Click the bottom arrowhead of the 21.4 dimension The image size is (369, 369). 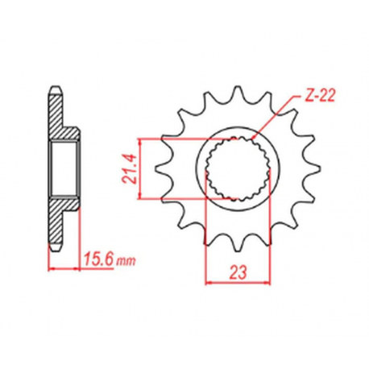tap(142, 194)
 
